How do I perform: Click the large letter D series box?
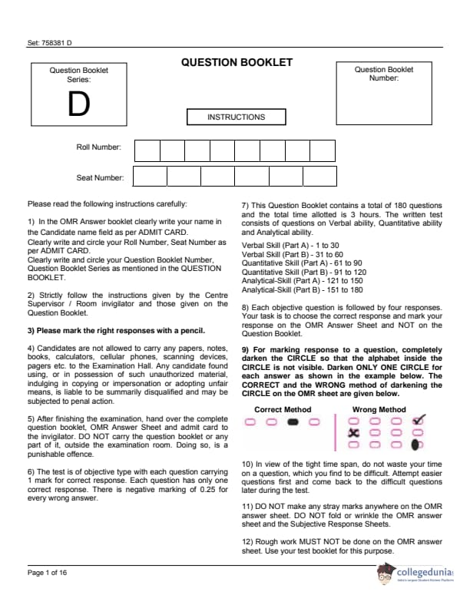click(78, 106)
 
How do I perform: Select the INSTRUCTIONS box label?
click(236, 117)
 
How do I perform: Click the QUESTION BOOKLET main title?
click(237, 62)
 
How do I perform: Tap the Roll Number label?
click(98, 147)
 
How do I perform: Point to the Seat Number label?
click(100, 178)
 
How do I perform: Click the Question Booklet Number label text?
click(383, 74)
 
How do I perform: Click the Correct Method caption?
click(283, 410)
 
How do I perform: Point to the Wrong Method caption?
click(379, 410)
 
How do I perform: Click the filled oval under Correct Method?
click(292, 421)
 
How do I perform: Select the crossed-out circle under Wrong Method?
click(354, 432)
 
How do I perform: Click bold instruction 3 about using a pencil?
click(116, 331)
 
